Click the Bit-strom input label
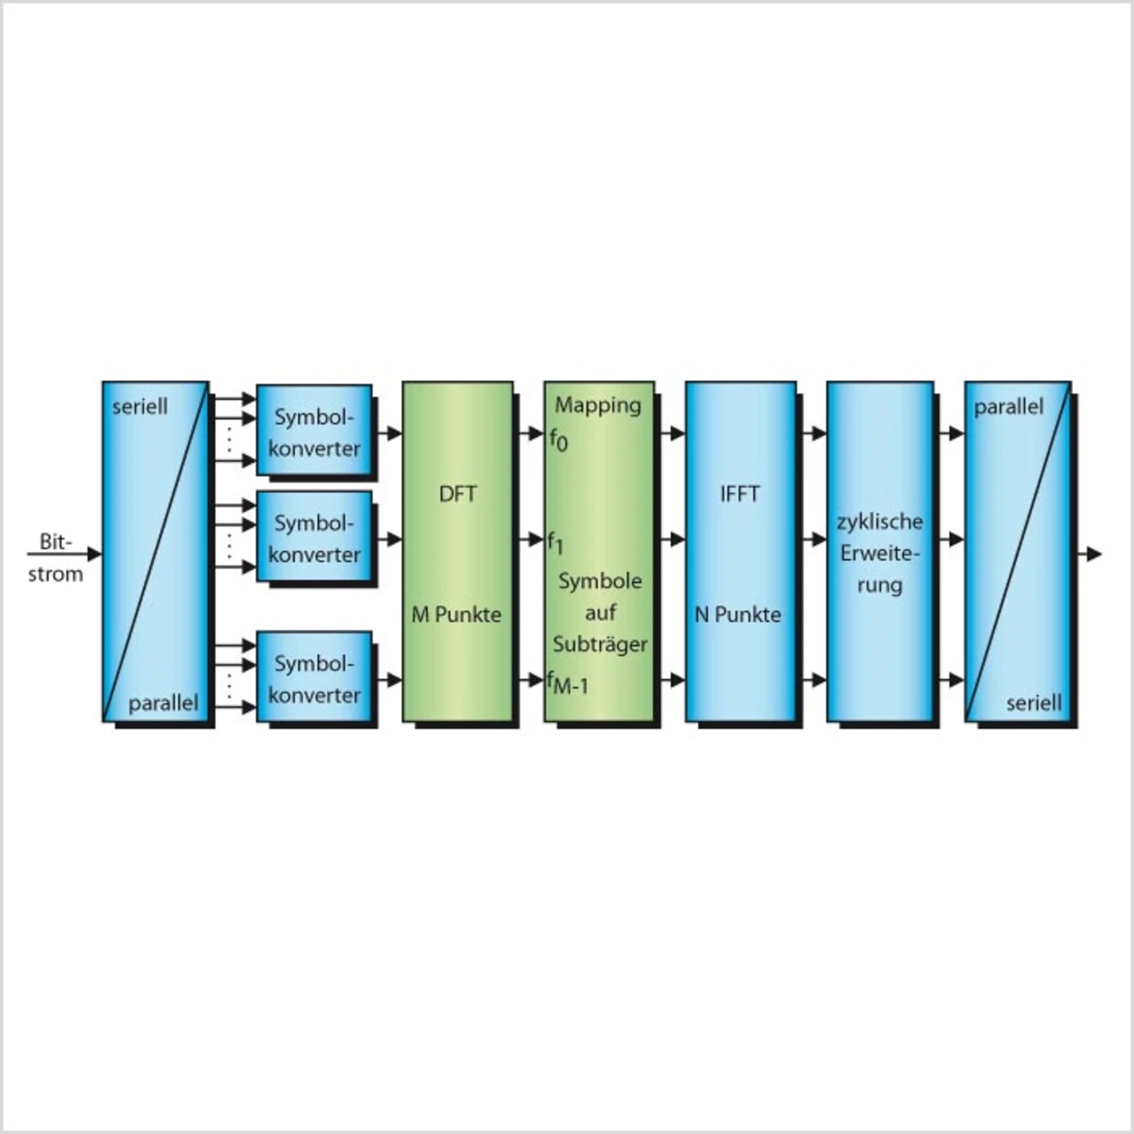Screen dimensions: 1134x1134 pos(55,558)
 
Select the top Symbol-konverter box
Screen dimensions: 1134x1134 pos(314,431)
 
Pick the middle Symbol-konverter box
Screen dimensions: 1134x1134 pos(314,537)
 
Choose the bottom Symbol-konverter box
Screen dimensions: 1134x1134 pos(314,678)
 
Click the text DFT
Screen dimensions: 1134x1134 pos(457,493)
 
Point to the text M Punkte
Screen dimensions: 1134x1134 pos(456,614)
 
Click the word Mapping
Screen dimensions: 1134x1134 pos(598,406)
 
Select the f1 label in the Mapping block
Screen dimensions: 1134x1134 pos(555,542)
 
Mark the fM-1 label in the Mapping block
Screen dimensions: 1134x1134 pos(568,683)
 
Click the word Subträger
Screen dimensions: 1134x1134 pos(600,644)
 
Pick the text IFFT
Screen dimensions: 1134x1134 pos(740,493)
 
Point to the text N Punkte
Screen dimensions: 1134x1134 pos(738,614)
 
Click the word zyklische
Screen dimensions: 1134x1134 pos(880,522)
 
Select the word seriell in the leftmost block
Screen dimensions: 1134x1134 pos(140,408)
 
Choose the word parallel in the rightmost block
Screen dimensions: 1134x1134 pos(1009,407)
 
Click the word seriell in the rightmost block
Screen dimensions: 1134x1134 pos(1034,703)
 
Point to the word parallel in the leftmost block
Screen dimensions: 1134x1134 pos(163,703)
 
